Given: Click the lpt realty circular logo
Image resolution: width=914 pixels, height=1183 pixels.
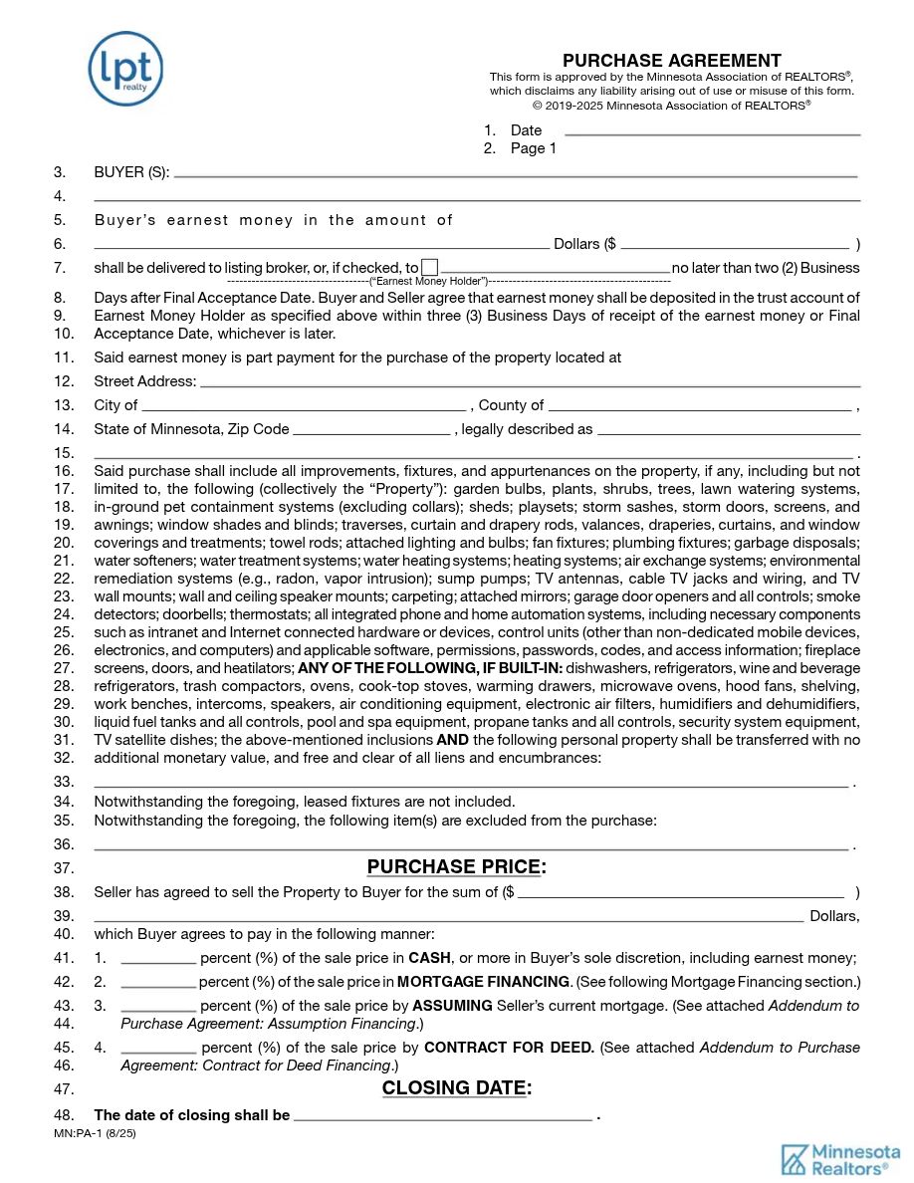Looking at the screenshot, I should coord(125,68).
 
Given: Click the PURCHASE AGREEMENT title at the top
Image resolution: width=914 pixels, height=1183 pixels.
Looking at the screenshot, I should coord(671,61).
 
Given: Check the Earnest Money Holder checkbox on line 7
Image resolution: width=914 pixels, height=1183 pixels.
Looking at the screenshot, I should coord(429,267).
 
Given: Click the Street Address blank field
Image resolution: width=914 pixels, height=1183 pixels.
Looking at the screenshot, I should coord(530,381).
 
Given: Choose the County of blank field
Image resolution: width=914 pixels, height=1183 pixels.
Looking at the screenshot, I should coord(699,405).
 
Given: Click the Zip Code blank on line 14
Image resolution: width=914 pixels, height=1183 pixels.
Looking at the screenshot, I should coord(371,430).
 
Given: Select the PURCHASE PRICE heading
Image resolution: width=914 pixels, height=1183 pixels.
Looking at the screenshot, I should coord(456,867).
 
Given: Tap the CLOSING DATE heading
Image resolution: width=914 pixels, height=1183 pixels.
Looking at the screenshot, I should coord(456,1088).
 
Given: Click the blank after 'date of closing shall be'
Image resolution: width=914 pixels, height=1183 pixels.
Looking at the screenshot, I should coord(443,1116).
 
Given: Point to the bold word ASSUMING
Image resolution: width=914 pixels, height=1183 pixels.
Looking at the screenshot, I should coord(452,1006).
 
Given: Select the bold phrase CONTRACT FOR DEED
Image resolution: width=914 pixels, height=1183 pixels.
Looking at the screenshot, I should coord(509,1048).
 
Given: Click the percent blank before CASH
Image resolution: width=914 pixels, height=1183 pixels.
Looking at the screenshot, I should coord(158,959).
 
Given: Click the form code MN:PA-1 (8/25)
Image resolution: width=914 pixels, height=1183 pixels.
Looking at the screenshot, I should coord(96,1133).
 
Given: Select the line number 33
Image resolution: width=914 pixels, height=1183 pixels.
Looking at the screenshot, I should coord(64,782).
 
